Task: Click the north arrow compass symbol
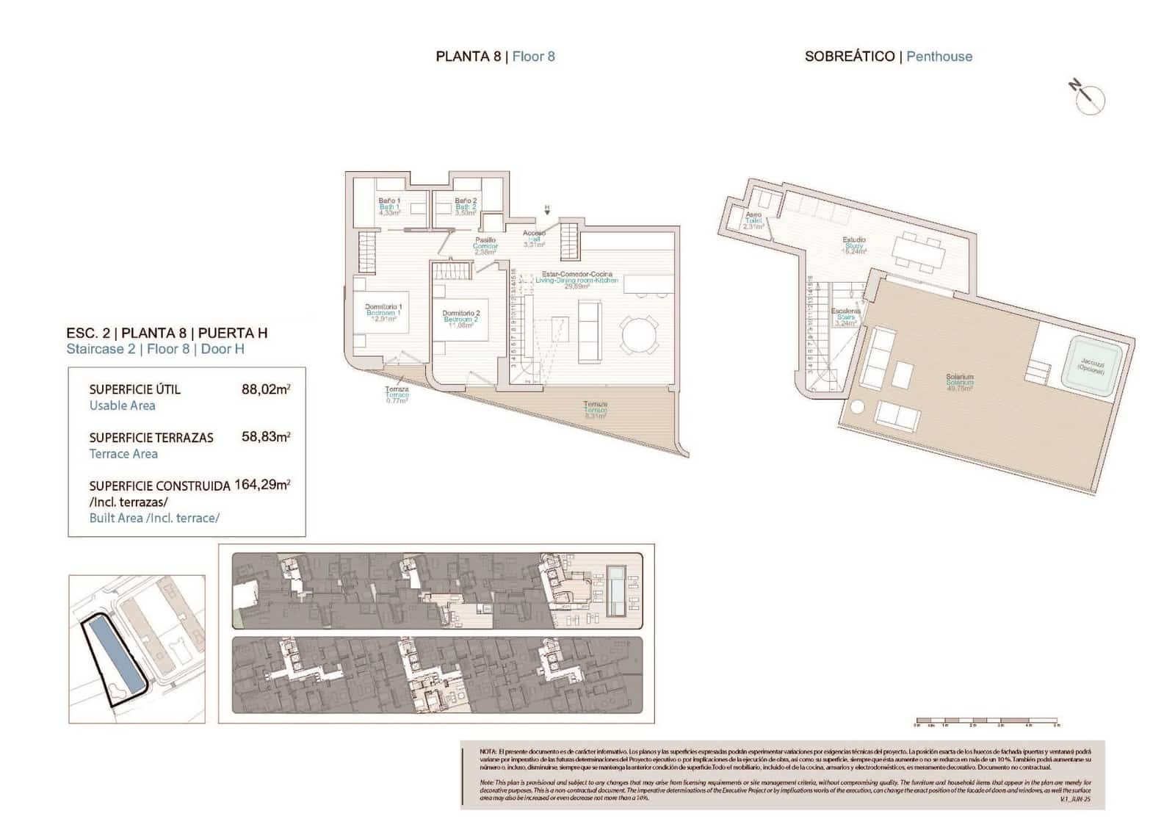pyautogui.click(x=1088, y=98)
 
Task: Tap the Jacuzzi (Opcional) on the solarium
pyautogui.click(x=1091, y=366)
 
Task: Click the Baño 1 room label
pyautogui.click(x=389, y=201)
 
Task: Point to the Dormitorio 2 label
pyautogui.click(x=460, y=314)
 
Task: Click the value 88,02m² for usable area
pyautogui.click(x=265, y=389)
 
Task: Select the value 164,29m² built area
pyautogui.click(x=262, y=485)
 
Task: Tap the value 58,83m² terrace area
pyautogui.click(x=265, y=436)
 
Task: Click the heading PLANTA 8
pyautogui.click(x=469, y=57)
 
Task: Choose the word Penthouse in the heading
pyautogui.click(x=939, y=57)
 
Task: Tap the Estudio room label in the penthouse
pyautogui.click(x=853, y=240)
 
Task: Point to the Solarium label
pyautogui.click(x=959, y=377)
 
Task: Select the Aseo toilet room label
pyautogui.click(x=753, y=215)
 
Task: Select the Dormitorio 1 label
pyautogui.click(x=383, y=307)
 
